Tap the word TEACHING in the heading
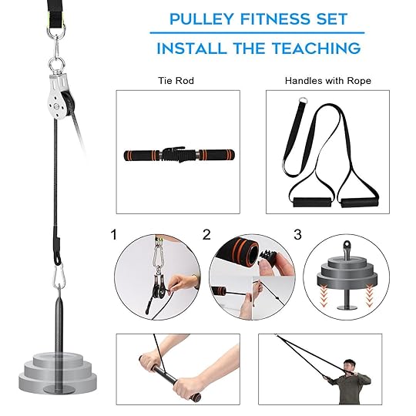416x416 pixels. [x=317, y=49]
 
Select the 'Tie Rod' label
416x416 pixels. [x=176, y=81]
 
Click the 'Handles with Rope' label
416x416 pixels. [x=328, y=81]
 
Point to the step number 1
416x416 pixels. [x=114, y=235]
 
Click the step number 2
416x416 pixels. [x=206, y=235]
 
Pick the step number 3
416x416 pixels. [x=297, y=235]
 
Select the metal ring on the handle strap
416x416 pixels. [x=303, y=101]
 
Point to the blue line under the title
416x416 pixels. [x=257, y=32]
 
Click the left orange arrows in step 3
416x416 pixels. [x=323, y=297]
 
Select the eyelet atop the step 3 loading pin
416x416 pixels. [x=347, y=245]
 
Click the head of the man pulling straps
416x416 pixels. [x=349, y=367]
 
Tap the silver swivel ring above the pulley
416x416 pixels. [x=56, y=65]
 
